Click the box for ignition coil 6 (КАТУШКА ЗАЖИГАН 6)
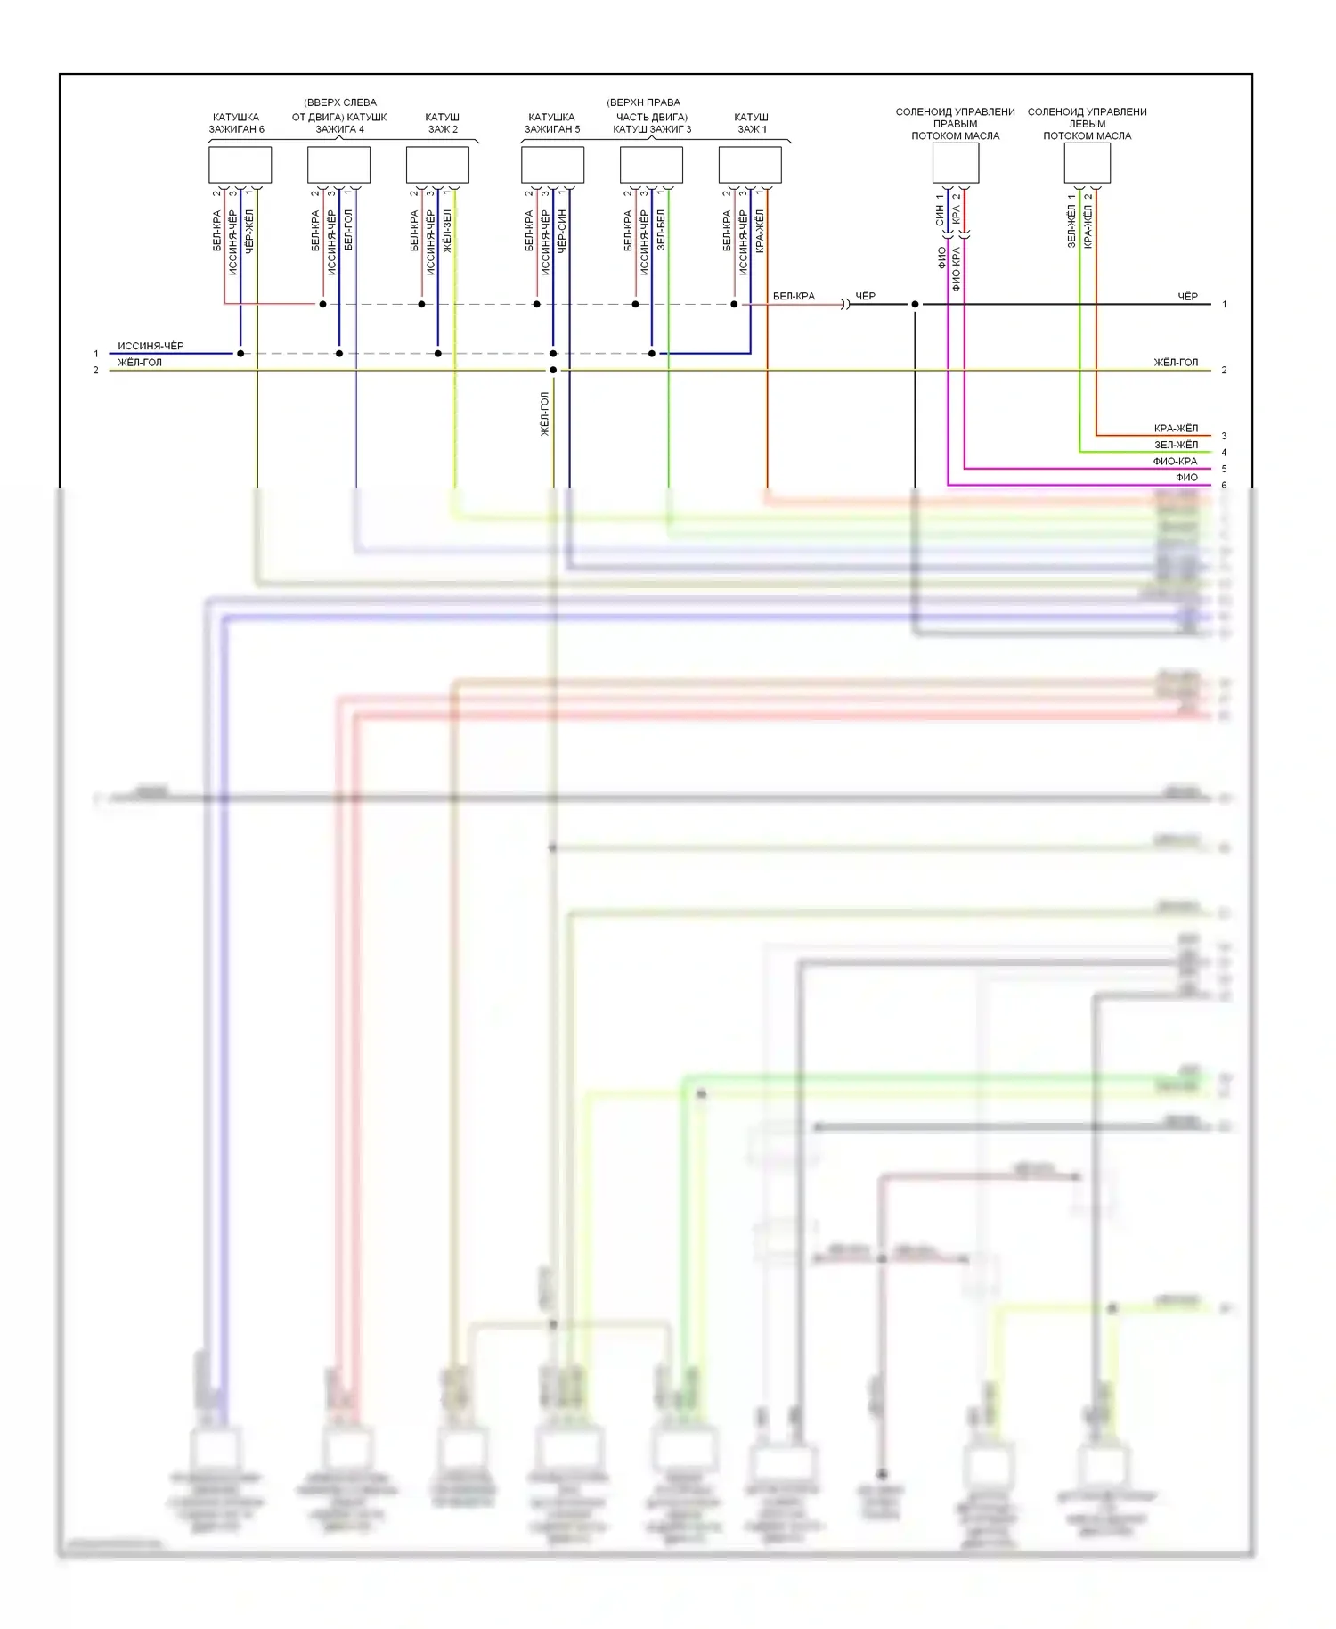point(240,165)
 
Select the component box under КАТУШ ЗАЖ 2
point(437,165)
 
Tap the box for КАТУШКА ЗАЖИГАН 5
point(552,165)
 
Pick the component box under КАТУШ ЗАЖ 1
point(750,165)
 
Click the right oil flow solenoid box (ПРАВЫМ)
point(956,163)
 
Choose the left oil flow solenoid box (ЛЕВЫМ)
point(1087,163)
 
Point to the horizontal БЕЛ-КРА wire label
point(794,296)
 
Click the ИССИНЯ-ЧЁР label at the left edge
point(151,346)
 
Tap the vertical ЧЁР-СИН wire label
point(562,231)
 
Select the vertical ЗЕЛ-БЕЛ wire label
point(661,229)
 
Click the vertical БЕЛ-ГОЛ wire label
point(348,229)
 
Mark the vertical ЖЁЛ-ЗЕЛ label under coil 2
point(447,231)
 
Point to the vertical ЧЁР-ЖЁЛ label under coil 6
point(249,231)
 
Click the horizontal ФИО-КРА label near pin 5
point(1175,462)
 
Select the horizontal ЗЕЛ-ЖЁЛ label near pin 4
point(1176,445)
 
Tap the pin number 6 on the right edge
point(1224,486)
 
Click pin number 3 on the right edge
point(1224,436)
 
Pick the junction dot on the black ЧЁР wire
point(915,305)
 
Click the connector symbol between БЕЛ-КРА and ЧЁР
point(845,305)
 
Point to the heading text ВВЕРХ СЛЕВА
point(340,102)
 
